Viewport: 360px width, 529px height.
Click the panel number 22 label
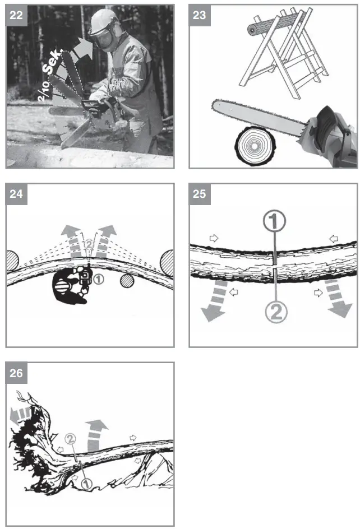tap(16, 15)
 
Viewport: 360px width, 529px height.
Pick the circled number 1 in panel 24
tap(99, 278)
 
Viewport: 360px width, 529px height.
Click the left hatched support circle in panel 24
tap(12, 261)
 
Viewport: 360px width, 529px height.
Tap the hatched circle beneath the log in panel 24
tap(127, 280)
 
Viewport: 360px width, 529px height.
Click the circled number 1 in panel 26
tap(86, 482)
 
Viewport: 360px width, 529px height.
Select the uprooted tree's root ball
tap(28, 454)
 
